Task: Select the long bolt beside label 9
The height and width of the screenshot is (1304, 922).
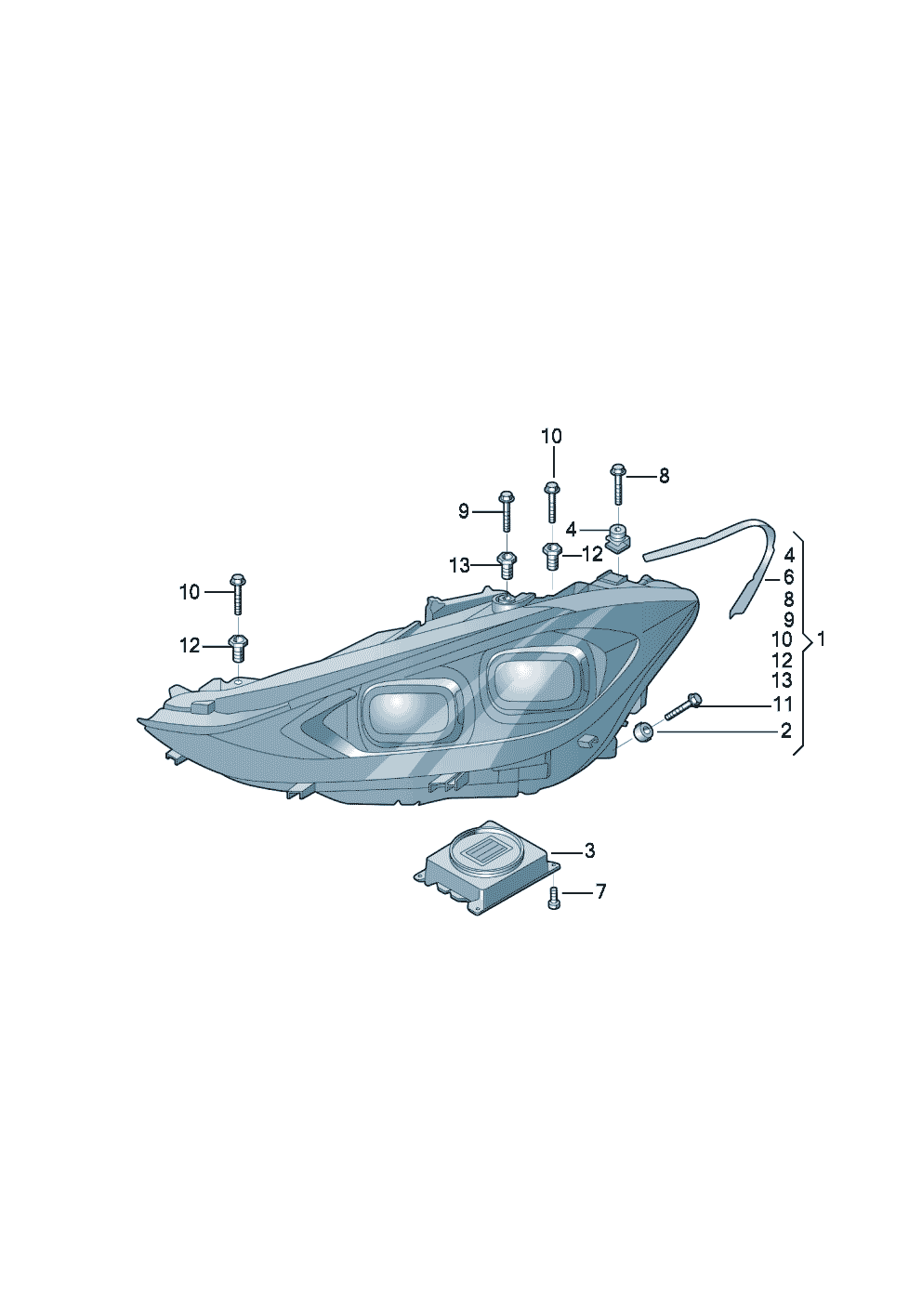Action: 507,510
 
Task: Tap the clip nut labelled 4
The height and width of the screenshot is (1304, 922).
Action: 617,536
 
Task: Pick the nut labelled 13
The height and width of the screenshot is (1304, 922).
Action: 507,563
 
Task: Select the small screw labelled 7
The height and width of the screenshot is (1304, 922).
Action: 554,897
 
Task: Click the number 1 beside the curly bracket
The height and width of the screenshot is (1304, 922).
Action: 820,639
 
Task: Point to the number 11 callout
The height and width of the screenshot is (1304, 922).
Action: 783,705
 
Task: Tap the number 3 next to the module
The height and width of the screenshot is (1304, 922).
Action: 589,850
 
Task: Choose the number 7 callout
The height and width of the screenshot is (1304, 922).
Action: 600,891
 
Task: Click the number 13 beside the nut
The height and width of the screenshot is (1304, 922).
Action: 459,565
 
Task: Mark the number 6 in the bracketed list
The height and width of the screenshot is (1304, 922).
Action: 788,578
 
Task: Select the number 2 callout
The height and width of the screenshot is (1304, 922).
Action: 786,731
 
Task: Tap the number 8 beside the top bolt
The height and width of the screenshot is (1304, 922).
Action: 664,476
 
